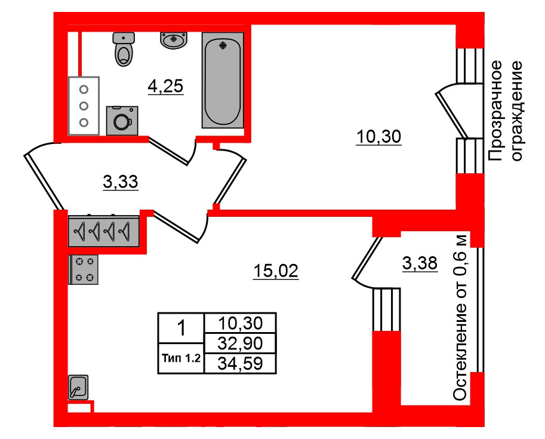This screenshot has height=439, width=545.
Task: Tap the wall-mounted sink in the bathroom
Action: [174, 40]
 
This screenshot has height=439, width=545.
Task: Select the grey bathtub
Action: [223, 79]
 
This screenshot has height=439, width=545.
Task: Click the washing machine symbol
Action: [122, 121]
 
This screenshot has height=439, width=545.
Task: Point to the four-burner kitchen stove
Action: [84, 269]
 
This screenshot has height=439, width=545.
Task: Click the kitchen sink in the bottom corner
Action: [78, 388]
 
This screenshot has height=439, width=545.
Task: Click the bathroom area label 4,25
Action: [165, 87]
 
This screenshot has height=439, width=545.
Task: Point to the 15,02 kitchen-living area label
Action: [275, 272]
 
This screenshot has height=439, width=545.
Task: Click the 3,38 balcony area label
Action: [420, 263]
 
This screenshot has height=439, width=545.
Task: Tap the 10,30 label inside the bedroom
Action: [378, 138]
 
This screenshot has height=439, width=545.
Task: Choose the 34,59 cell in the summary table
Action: [239, 363]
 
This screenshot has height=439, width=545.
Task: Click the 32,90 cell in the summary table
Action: [239, 343]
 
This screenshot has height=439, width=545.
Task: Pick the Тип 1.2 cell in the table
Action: [181, 359]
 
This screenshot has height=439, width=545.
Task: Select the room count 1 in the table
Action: [181, 328]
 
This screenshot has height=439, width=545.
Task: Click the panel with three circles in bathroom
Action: [84, 106]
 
